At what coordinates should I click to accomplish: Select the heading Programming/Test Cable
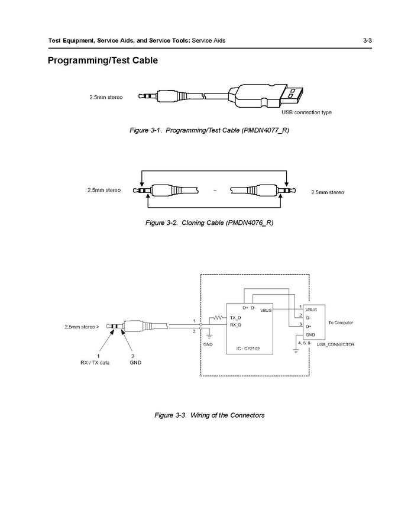coord(102,61)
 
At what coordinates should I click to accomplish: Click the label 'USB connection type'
coord(306,112)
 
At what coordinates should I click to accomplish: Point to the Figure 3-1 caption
coord(209,130)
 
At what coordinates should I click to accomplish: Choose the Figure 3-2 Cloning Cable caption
coord(209,223)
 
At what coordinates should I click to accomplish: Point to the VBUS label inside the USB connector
coord(311,309)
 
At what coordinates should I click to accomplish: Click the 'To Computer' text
coord(341,323)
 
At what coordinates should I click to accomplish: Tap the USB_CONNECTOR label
coord(335,344)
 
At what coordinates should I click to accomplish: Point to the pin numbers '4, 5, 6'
coord(304,343)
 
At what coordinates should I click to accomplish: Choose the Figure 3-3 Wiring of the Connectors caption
coord(209,415)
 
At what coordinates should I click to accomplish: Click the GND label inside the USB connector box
coord(310,335)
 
